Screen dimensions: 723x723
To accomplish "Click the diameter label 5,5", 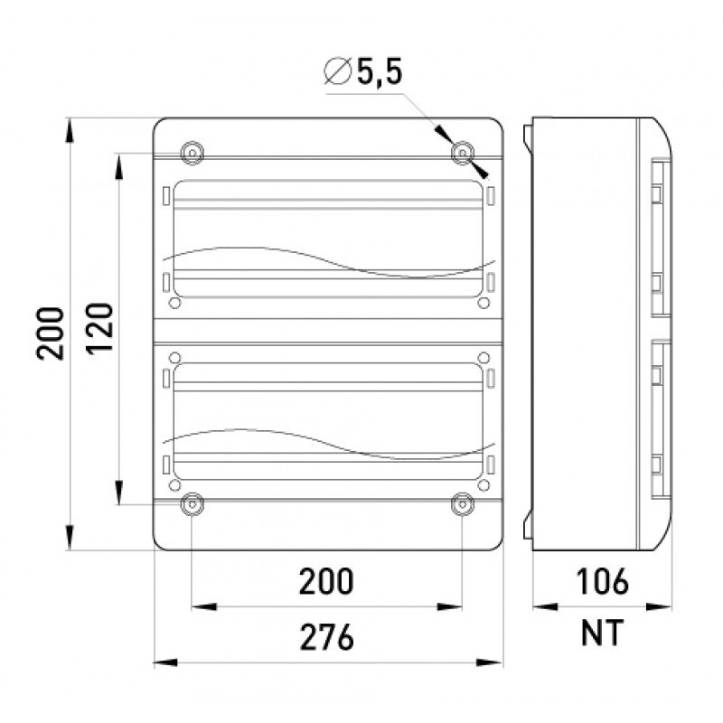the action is click(x=379, y=71).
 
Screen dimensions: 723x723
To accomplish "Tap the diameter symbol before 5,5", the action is click(x=337, y=71).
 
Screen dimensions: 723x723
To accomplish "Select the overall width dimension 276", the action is click(x=327, y=637).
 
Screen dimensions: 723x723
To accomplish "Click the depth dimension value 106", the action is click(x=602, y=581).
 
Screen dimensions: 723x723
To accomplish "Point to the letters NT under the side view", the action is click(x=602, y=633).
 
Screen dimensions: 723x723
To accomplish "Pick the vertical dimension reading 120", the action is click(x=99, y=329).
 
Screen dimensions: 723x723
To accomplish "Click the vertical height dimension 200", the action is click(x=50, y=333).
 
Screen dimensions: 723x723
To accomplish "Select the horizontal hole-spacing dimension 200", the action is click(x=326, y=581).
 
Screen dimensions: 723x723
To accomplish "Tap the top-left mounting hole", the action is click(x=192, y=153).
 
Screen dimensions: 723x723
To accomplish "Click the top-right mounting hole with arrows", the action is click(x=463, y=153).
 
